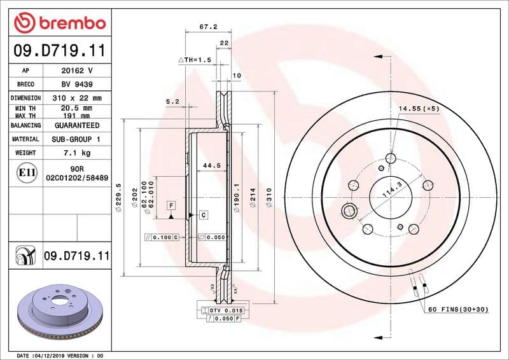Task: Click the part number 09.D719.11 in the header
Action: point(59,50)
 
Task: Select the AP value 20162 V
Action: point(76,71)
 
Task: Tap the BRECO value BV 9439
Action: point(76,85)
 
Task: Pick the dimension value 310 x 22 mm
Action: point(76,98)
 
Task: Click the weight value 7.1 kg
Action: point(76,153)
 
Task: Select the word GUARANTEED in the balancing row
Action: point(76,125)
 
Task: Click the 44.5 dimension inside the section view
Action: point(211,165)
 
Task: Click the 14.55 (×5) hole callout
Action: point(419,109)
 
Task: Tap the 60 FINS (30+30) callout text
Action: point(457,309)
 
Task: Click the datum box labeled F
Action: point(171,205)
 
